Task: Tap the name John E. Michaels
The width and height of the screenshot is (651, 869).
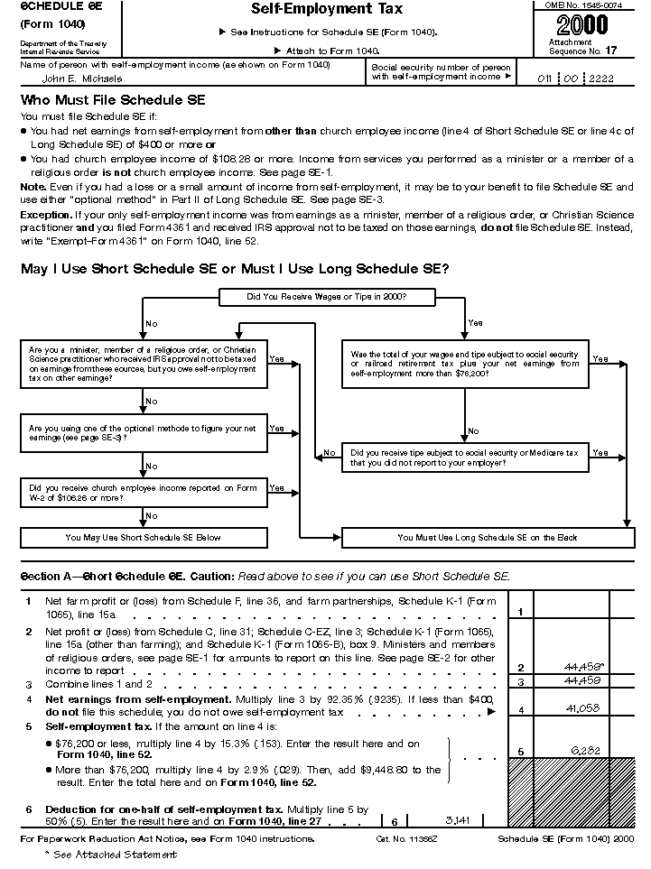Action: click(x=77, y=79)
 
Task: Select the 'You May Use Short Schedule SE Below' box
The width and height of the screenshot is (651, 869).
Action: click(x=143, y=538)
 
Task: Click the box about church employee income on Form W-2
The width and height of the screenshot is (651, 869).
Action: click(x=143, y=493)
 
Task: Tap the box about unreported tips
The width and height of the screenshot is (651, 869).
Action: click(x=464, y=458)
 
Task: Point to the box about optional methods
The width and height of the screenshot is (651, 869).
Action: click(x=143, y=433)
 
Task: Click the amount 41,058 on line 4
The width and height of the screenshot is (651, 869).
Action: click(x=583, y=709)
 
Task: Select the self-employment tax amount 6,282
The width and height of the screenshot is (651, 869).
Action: click(x=585, y=750)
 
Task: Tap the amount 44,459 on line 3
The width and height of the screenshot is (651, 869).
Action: click(x=583, y=679)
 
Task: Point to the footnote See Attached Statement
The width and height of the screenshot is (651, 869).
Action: click(x=101, y=855)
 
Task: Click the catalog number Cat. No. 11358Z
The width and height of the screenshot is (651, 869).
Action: click(x=404, y=839)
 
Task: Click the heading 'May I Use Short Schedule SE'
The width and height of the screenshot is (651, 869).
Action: click(x=234, y=269)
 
